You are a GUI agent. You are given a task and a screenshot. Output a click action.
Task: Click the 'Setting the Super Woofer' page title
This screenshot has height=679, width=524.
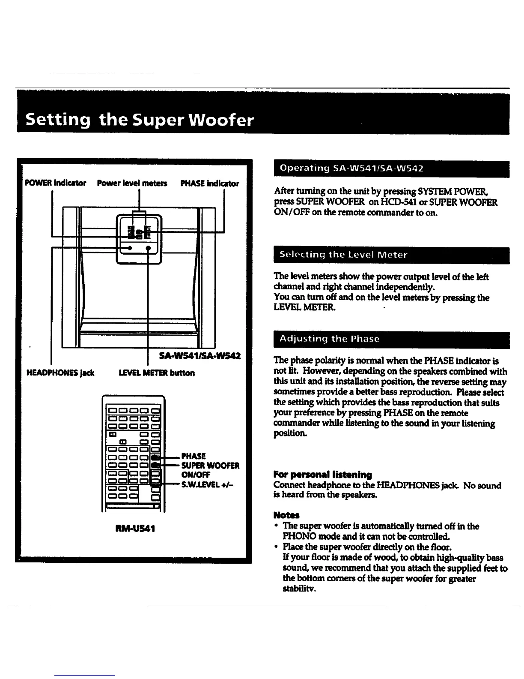140,120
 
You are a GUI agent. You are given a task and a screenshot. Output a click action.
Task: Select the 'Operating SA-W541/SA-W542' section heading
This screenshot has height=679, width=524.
351,168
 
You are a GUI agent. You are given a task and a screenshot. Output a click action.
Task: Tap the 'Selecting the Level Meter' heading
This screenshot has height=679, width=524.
343,255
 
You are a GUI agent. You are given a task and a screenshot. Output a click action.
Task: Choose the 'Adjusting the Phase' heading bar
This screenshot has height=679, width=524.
329,339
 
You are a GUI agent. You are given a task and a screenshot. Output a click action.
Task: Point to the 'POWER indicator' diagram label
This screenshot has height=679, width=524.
56,183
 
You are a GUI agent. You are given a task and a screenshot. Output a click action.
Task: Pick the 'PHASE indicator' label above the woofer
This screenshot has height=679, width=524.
209,183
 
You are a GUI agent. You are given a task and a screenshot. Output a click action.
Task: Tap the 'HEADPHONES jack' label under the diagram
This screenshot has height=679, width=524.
60,373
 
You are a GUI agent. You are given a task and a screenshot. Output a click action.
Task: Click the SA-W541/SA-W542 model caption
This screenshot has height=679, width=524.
199,356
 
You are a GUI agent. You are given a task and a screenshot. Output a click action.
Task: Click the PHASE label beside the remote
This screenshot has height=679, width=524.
194,456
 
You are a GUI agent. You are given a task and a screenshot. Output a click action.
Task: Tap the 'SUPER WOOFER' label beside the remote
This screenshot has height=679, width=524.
210,466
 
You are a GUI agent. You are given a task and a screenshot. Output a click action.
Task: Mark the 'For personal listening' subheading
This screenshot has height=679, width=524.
322,475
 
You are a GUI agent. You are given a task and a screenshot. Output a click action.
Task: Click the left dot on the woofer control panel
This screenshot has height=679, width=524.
130,248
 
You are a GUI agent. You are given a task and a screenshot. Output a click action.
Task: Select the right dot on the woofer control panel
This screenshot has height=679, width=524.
148,248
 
